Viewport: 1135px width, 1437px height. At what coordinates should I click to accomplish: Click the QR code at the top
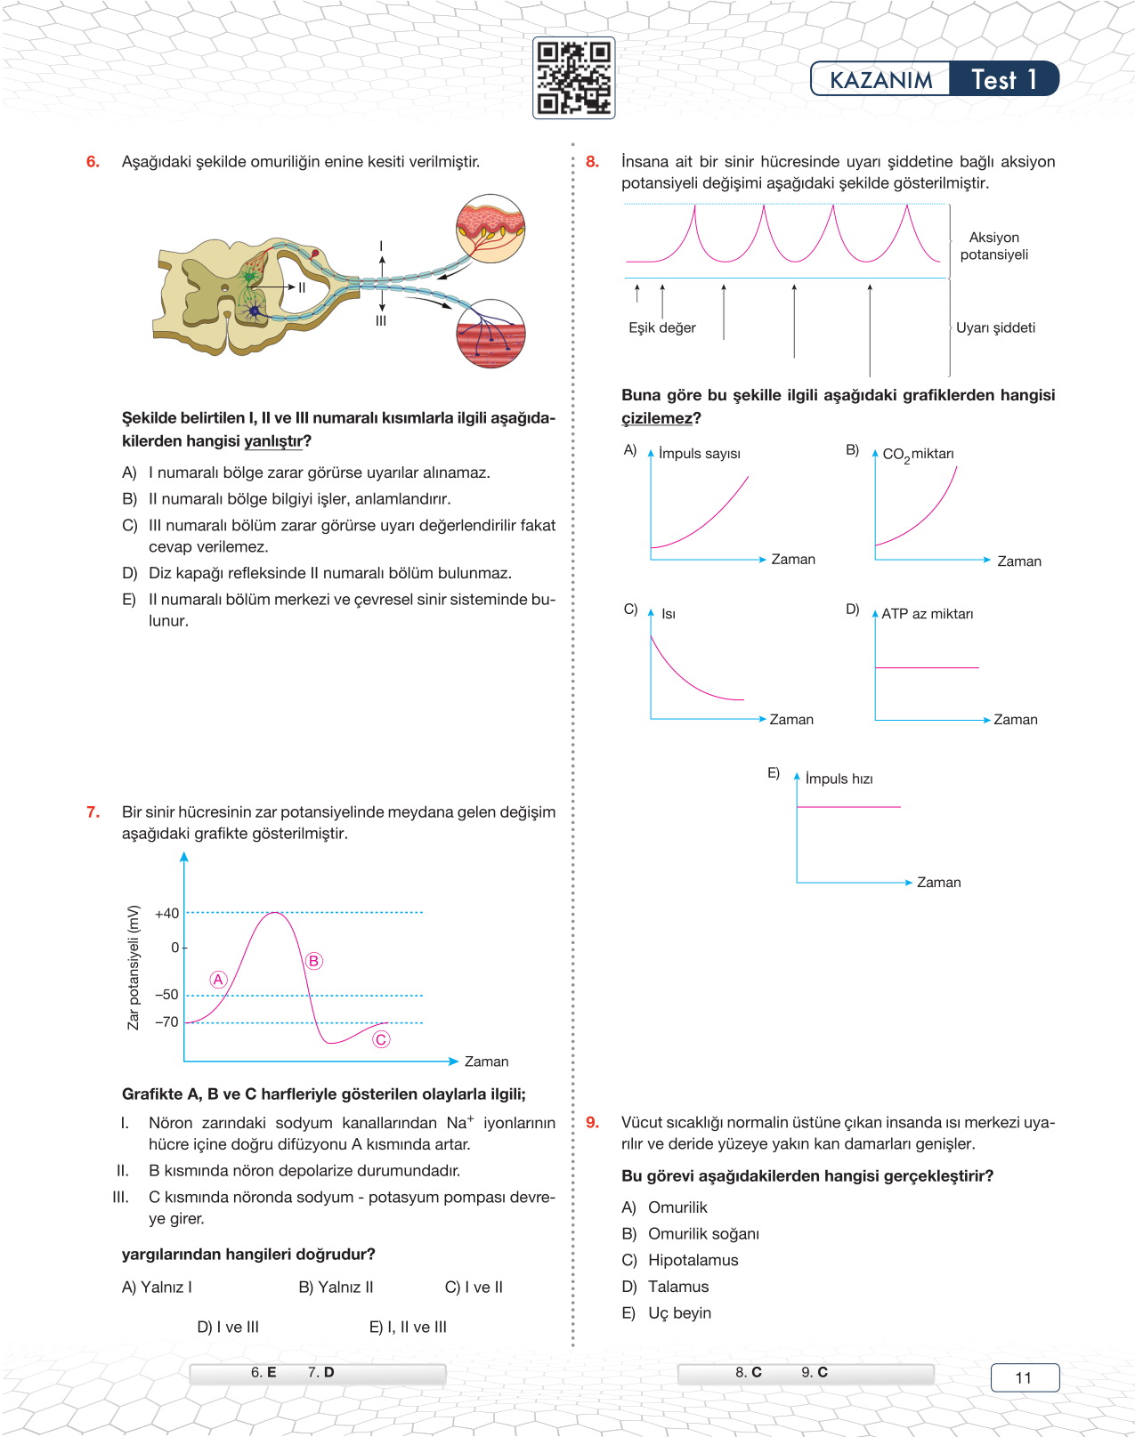tap(573, 78)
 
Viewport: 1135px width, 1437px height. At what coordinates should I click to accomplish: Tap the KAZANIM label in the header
tap(880, 80)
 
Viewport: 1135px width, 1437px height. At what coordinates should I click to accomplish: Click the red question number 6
tap(93, 162)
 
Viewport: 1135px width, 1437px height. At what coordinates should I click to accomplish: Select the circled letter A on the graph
tap(218, 980)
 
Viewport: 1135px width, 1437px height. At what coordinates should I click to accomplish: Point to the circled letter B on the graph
tap(313, 961)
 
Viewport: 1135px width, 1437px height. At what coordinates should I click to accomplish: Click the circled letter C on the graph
tap(381, 1039)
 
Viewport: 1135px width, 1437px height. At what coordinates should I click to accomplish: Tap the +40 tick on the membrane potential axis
tap(166, 914)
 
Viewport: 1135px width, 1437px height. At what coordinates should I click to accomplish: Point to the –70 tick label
tap(166, 1022)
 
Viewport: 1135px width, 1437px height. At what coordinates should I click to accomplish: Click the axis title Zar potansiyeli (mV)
tap(134, 967)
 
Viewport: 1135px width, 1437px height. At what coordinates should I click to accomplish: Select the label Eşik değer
tap(662, 328)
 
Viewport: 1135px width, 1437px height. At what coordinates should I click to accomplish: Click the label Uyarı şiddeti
tap(995, 328)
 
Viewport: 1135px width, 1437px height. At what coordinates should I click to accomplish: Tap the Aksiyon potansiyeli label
tap(994, 246)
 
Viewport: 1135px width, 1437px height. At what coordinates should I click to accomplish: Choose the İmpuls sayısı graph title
tap(699, 454)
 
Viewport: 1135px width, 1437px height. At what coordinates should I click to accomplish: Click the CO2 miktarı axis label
tap(918, 455)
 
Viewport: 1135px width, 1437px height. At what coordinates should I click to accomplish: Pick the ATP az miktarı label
tap(927, 614)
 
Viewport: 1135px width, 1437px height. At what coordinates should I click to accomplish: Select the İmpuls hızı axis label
tap(839, 779)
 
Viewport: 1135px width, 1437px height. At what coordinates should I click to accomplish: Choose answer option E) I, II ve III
tap(408, 1328)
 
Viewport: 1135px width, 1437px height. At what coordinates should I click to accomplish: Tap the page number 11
tap(1024, 1378)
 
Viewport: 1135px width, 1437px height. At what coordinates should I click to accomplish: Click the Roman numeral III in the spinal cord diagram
tap(381, 321)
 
